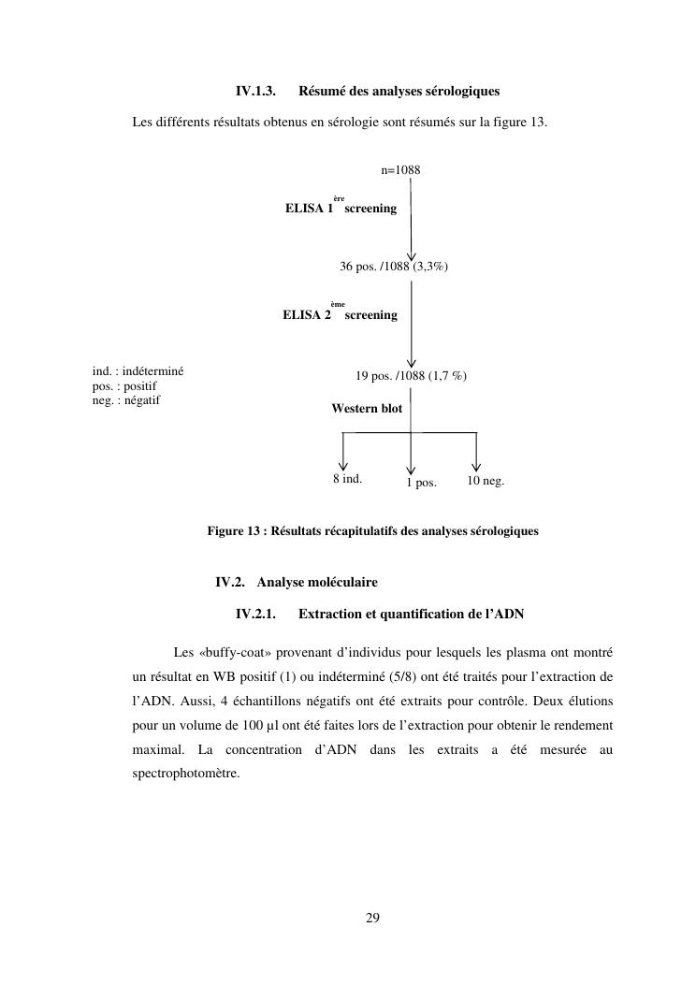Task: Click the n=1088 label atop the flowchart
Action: point(400,169)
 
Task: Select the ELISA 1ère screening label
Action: point(341,208)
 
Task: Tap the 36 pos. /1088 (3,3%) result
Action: point(393,267)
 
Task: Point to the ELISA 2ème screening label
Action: point(340,314)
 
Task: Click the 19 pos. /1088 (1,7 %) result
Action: point(411,376)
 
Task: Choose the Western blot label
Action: point(367,409)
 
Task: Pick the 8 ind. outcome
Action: point(347,479)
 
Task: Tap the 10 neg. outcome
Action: point(486,480)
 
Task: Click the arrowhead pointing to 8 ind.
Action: point(343,465)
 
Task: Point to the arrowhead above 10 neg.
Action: point(476,465)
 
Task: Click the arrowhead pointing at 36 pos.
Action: point(411,256)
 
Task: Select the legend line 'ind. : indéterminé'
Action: point(138,370)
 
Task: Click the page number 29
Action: point(372,918)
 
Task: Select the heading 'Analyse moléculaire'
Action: point(317,582)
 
